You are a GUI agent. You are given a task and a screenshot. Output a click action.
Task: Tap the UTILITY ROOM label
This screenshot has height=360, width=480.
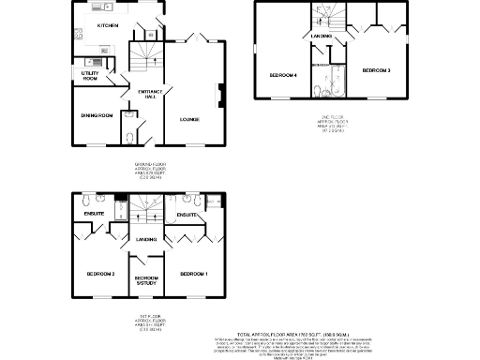(91, 75)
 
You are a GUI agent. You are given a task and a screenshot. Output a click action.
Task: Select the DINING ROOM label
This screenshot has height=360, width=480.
(97, 115)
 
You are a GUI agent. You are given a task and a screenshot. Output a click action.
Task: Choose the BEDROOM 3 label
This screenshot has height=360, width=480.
(376, 70)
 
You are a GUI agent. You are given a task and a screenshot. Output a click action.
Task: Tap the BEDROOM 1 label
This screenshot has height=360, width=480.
(194, 273)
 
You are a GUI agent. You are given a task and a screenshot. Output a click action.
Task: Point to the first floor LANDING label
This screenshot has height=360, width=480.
(146, 240)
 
